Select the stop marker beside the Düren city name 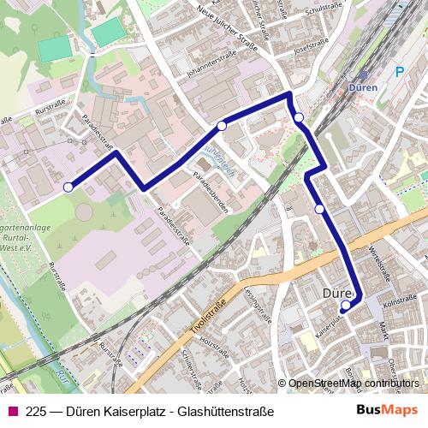346,305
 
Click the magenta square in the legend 12,411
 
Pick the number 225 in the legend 36,411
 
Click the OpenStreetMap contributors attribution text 354,383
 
